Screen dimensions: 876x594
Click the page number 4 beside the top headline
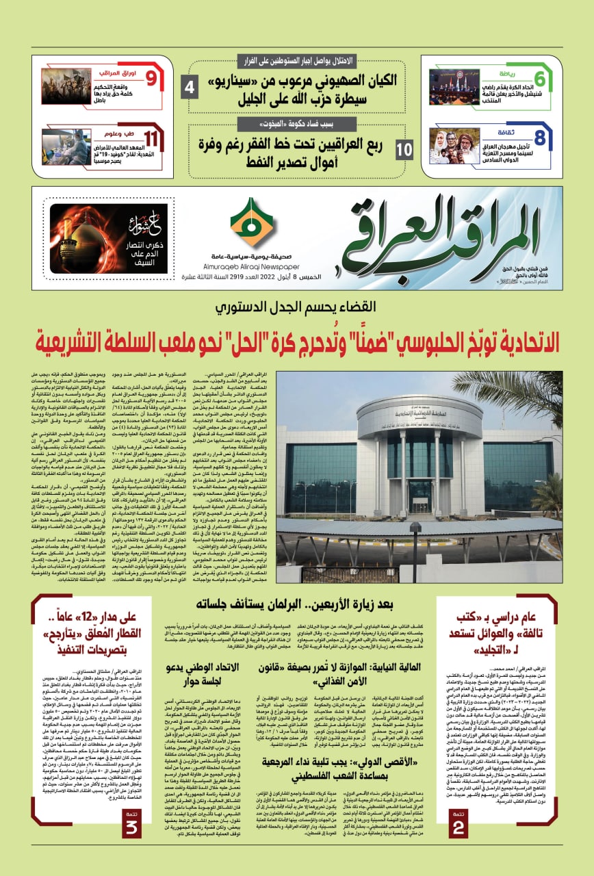click(x=190, y=87)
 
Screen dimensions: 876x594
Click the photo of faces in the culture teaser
click(x=454, y=146)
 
